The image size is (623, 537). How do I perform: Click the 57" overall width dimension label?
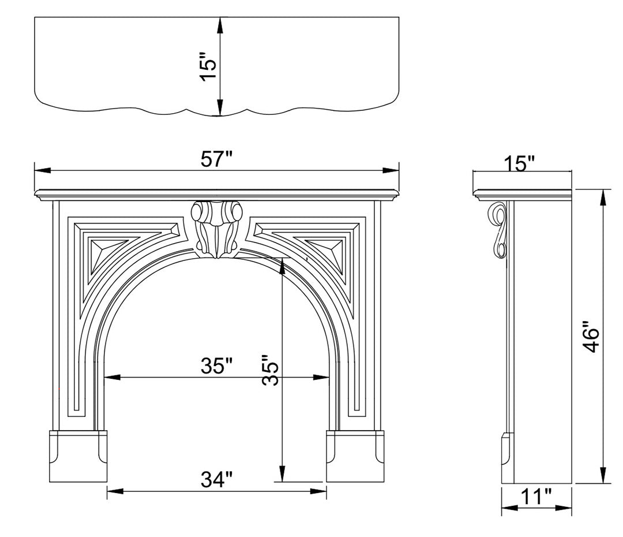(216, 159)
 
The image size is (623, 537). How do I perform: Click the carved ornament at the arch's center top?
(216, 228)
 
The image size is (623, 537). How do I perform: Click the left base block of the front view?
(78, 456)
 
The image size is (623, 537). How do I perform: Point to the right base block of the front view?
(355, 456)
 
